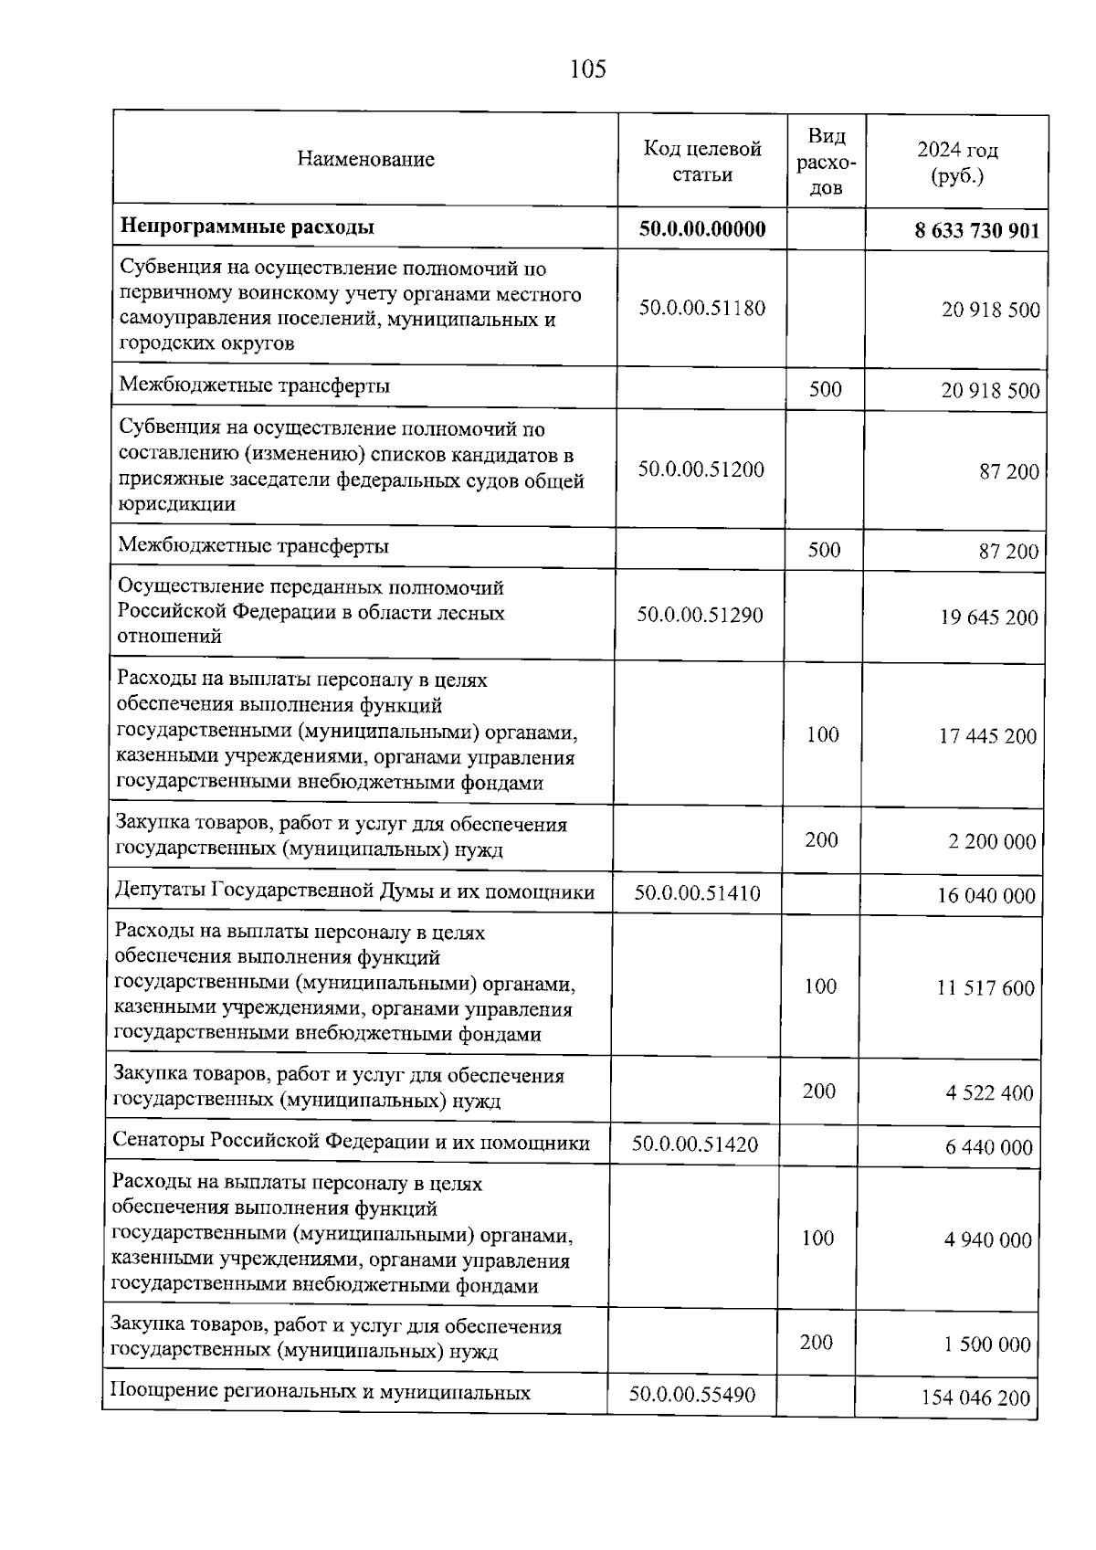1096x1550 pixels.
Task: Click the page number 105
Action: pos(587,69)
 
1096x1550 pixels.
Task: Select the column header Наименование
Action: pos(365,159)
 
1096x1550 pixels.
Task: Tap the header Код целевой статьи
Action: pos(701,161)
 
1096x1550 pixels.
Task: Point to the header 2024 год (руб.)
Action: pos(957,163)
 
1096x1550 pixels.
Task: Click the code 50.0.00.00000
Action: pos(701,228)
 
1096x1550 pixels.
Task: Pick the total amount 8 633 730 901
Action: pos(976,230)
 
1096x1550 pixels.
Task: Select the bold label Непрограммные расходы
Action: pos(248,227)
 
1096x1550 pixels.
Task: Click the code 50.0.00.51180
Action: pos(701,308)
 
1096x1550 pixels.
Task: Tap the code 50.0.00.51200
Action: pos(701,469)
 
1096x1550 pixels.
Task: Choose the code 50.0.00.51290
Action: pos(700,615)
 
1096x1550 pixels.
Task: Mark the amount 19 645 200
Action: pos(989,617)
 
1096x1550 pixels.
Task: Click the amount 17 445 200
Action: pos(987,736)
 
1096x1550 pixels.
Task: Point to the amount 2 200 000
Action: pos(992,842)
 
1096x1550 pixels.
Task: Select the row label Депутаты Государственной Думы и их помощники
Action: pos(354,891)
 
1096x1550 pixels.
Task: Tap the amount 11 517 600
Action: pos(985,988)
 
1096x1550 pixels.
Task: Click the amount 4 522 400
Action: pos(989,1093)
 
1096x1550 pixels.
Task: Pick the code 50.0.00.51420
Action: pos(694,1144)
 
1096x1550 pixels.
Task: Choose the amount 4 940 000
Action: pos(987,1240)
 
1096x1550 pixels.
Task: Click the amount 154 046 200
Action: pos(975,1397)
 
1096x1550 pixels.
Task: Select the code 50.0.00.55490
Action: pos(691,1396)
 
